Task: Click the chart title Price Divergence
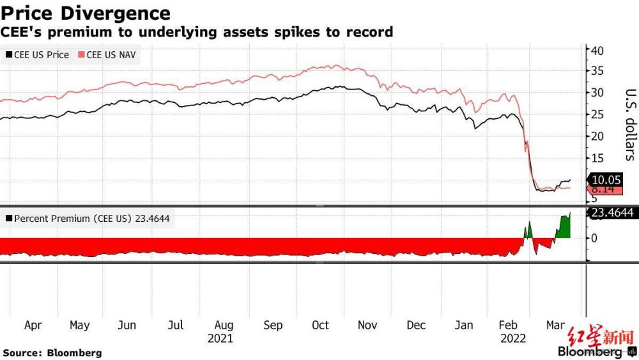coord(86,13)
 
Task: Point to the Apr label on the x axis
coord(33,325)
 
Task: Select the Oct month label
coord(320,325)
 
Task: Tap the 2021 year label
coord(220,338)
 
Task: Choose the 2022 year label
coord(512,338)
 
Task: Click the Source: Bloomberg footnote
coord(52,352)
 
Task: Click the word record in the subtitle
coord(368,31)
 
